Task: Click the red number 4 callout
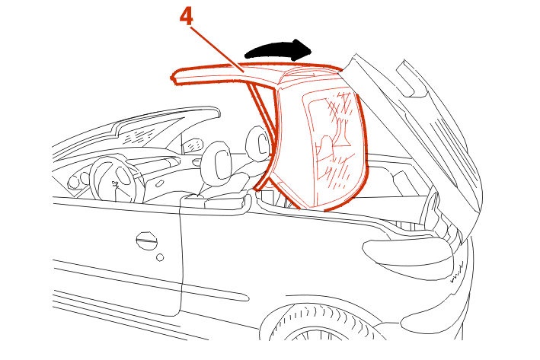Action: coord(187,16)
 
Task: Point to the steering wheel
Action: coord(117,180)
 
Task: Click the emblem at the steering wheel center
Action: coord(116,184)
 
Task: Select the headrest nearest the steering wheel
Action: coord(217,161)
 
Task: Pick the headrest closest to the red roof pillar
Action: coord(257,144)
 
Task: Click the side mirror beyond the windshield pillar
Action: coord(192,145)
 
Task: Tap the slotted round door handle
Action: coord(146,241)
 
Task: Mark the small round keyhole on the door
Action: coord(160,257)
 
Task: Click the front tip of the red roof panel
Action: coord(172,78)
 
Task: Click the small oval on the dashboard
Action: coord(159,184)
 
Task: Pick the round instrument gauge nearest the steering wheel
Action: coord(85,178)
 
